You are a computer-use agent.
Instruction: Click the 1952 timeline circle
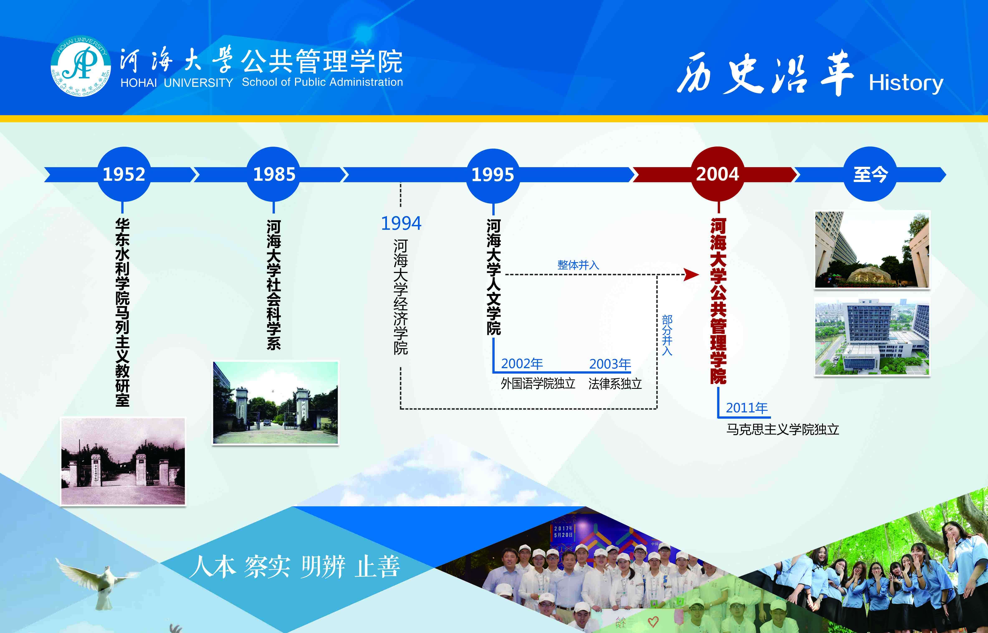pos(124,174)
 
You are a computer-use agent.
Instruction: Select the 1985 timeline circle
pos(274,174)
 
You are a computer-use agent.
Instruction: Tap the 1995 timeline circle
pos(493,175)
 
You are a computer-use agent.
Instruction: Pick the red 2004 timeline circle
pos(718,174)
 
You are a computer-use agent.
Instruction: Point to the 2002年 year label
pos(522,364)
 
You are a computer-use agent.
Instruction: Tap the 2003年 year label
pos(610,364)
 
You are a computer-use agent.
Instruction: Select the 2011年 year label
pos(747,408)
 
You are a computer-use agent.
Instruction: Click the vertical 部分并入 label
pos(667,335)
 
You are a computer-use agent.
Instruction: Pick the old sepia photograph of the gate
pos(123,461)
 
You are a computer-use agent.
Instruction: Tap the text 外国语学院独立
pos(538,384)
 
